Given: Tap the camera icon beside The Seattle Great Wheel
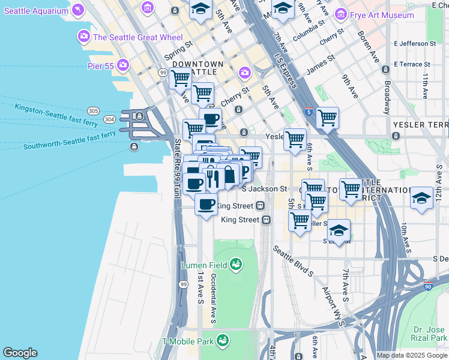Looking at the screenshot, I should coord(83,37).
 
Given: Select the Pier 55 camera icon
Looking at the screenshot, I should coord(124,65).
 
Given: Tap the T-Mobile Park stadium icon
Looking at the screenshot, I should coord(223,341).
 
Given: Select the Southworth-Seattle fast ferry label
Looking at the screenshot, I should coord(70,140).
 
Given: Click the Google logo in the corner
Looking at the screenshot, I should coord(20,353).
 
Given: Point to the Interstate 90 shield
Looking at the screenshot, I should coord(428,287).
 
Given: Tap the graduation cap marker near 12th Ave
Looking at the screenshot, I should coord(422,198).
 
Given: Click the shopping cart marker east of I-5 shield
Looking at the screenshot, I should coord(327,118).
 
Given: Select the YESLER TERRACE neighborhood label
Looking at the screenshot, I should coord(420,124).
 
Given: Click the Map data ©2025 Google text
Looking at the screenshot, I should coord(412,355).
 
